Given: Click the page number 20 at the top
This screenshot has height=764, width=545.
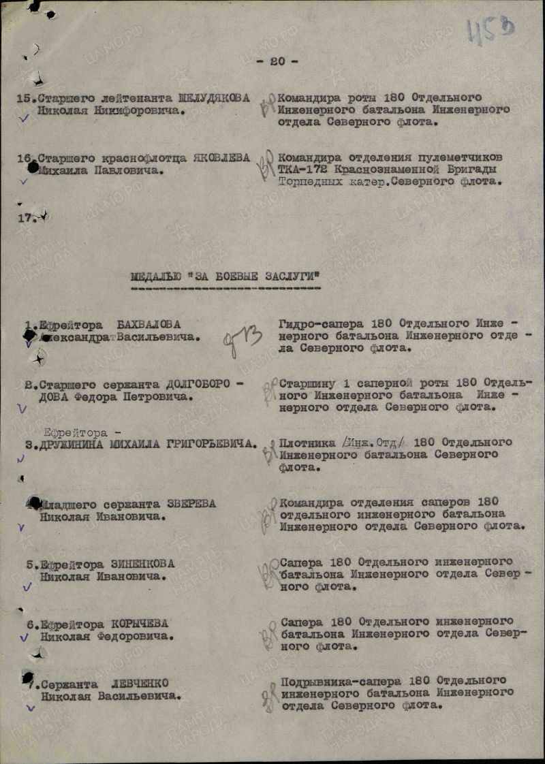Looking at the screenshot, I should pos(277,61).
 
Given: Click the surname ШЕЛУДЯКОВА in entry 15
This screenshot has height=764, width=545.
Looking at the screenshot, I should pos(213,97).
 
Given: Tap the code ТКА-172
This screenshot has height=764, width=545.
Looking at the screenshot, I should pos(302,170).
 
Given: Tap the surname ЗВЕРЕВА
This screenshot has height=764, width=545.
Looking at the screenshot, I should pos(191,504).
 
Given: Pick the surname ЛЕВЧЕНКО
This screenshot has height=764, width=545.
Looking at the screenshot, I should pos(141,683).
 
